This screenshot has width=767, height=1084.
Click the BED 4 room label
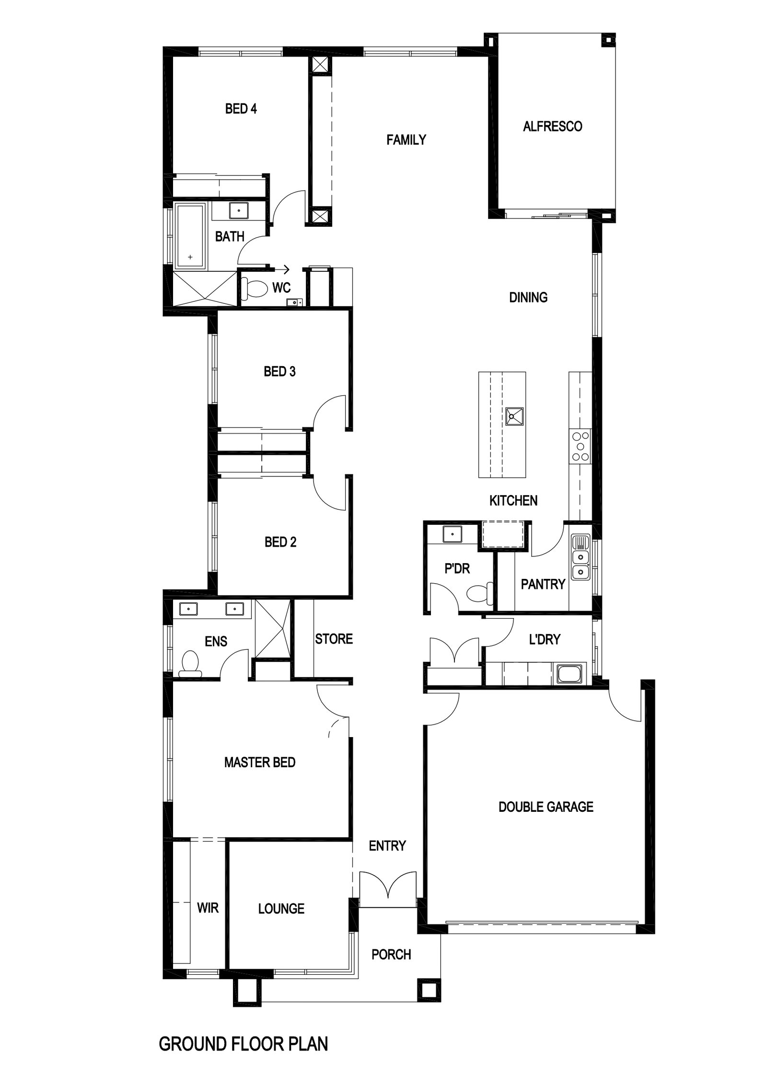(x=241, y=109)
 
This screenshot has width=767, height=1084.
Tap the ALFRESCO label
(x=552, y=127)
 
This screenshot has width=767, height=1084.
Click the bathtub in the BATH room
(x=191, y=235)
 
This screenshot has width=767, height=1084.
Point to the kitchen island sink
(x=513, y=416)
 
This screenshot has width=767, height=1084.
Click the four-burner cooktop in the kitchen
(x=580, y=446)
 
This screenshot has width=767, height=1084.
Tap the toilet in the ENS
(x=190, y=664)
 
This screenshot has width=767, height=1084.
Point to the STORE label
(x=334, y=639)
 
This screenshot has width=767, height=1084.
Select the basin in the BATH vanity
(x=238, y=210)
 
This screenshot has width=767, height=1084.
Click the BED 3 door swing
(x=329, y=412)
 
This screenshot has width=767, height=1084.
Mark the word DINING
(x=528, y=298)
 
